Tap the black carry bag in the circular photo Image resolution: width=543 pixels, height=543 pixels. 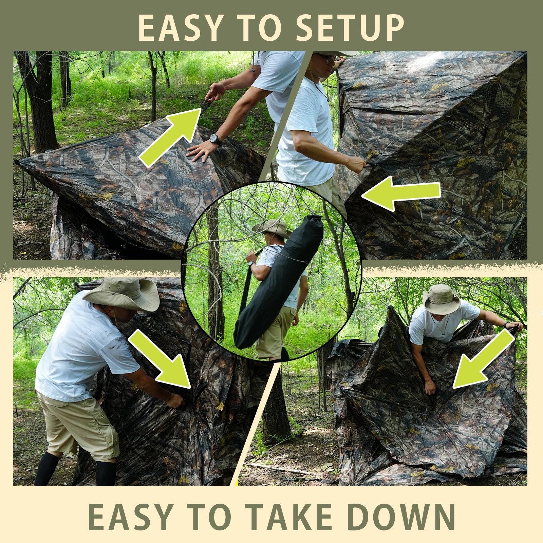(x=278, y=282)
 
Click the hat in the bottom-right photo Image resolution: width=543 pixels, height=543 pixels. (x=441, y=299)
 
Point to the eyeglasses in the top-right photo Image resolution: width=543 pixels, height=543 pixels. (x=329, y=60)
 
